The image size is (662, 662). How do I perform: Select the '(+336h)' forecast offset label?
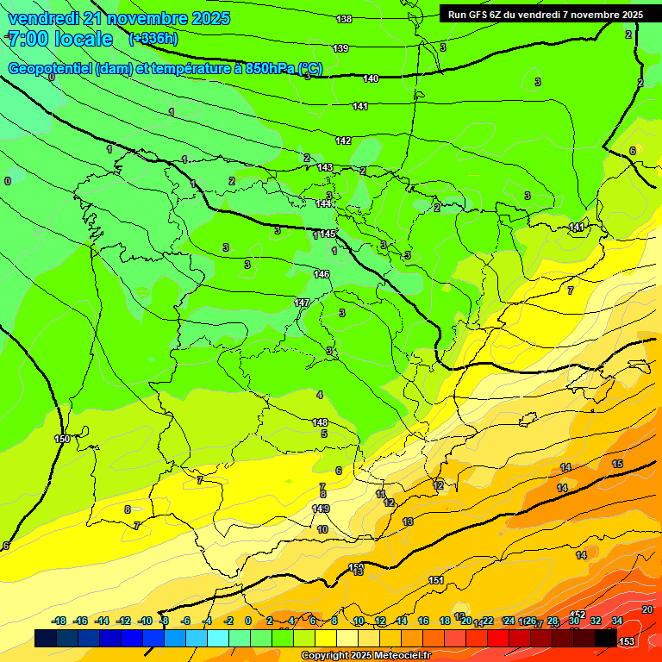153,39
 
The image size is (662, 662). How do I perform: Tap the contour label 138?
344,19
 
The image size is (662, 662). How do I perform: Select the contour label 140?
371,78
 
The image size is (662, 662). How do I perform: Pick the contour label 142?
343,140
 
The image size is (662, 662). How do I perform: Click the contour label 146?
322,274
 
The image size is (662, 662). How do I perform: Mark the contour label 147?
302,303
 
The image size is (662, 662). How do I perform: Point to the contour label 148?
320,422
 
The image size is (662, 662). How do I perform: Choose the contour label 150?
62,439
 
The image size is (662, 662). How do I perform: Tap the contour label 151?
436,580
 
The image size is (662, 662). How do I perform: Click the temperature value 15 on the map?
617,464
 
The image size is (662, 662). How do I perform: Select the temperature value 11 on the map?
380,494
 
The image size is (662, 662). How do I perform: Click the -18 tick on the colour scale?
59,621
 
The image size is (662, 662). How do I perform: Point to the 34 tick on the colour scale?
617,621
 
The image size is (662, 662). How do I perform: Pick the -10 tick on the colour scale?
145,621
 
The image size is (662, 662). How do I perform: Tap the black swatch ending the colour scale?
606,639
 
